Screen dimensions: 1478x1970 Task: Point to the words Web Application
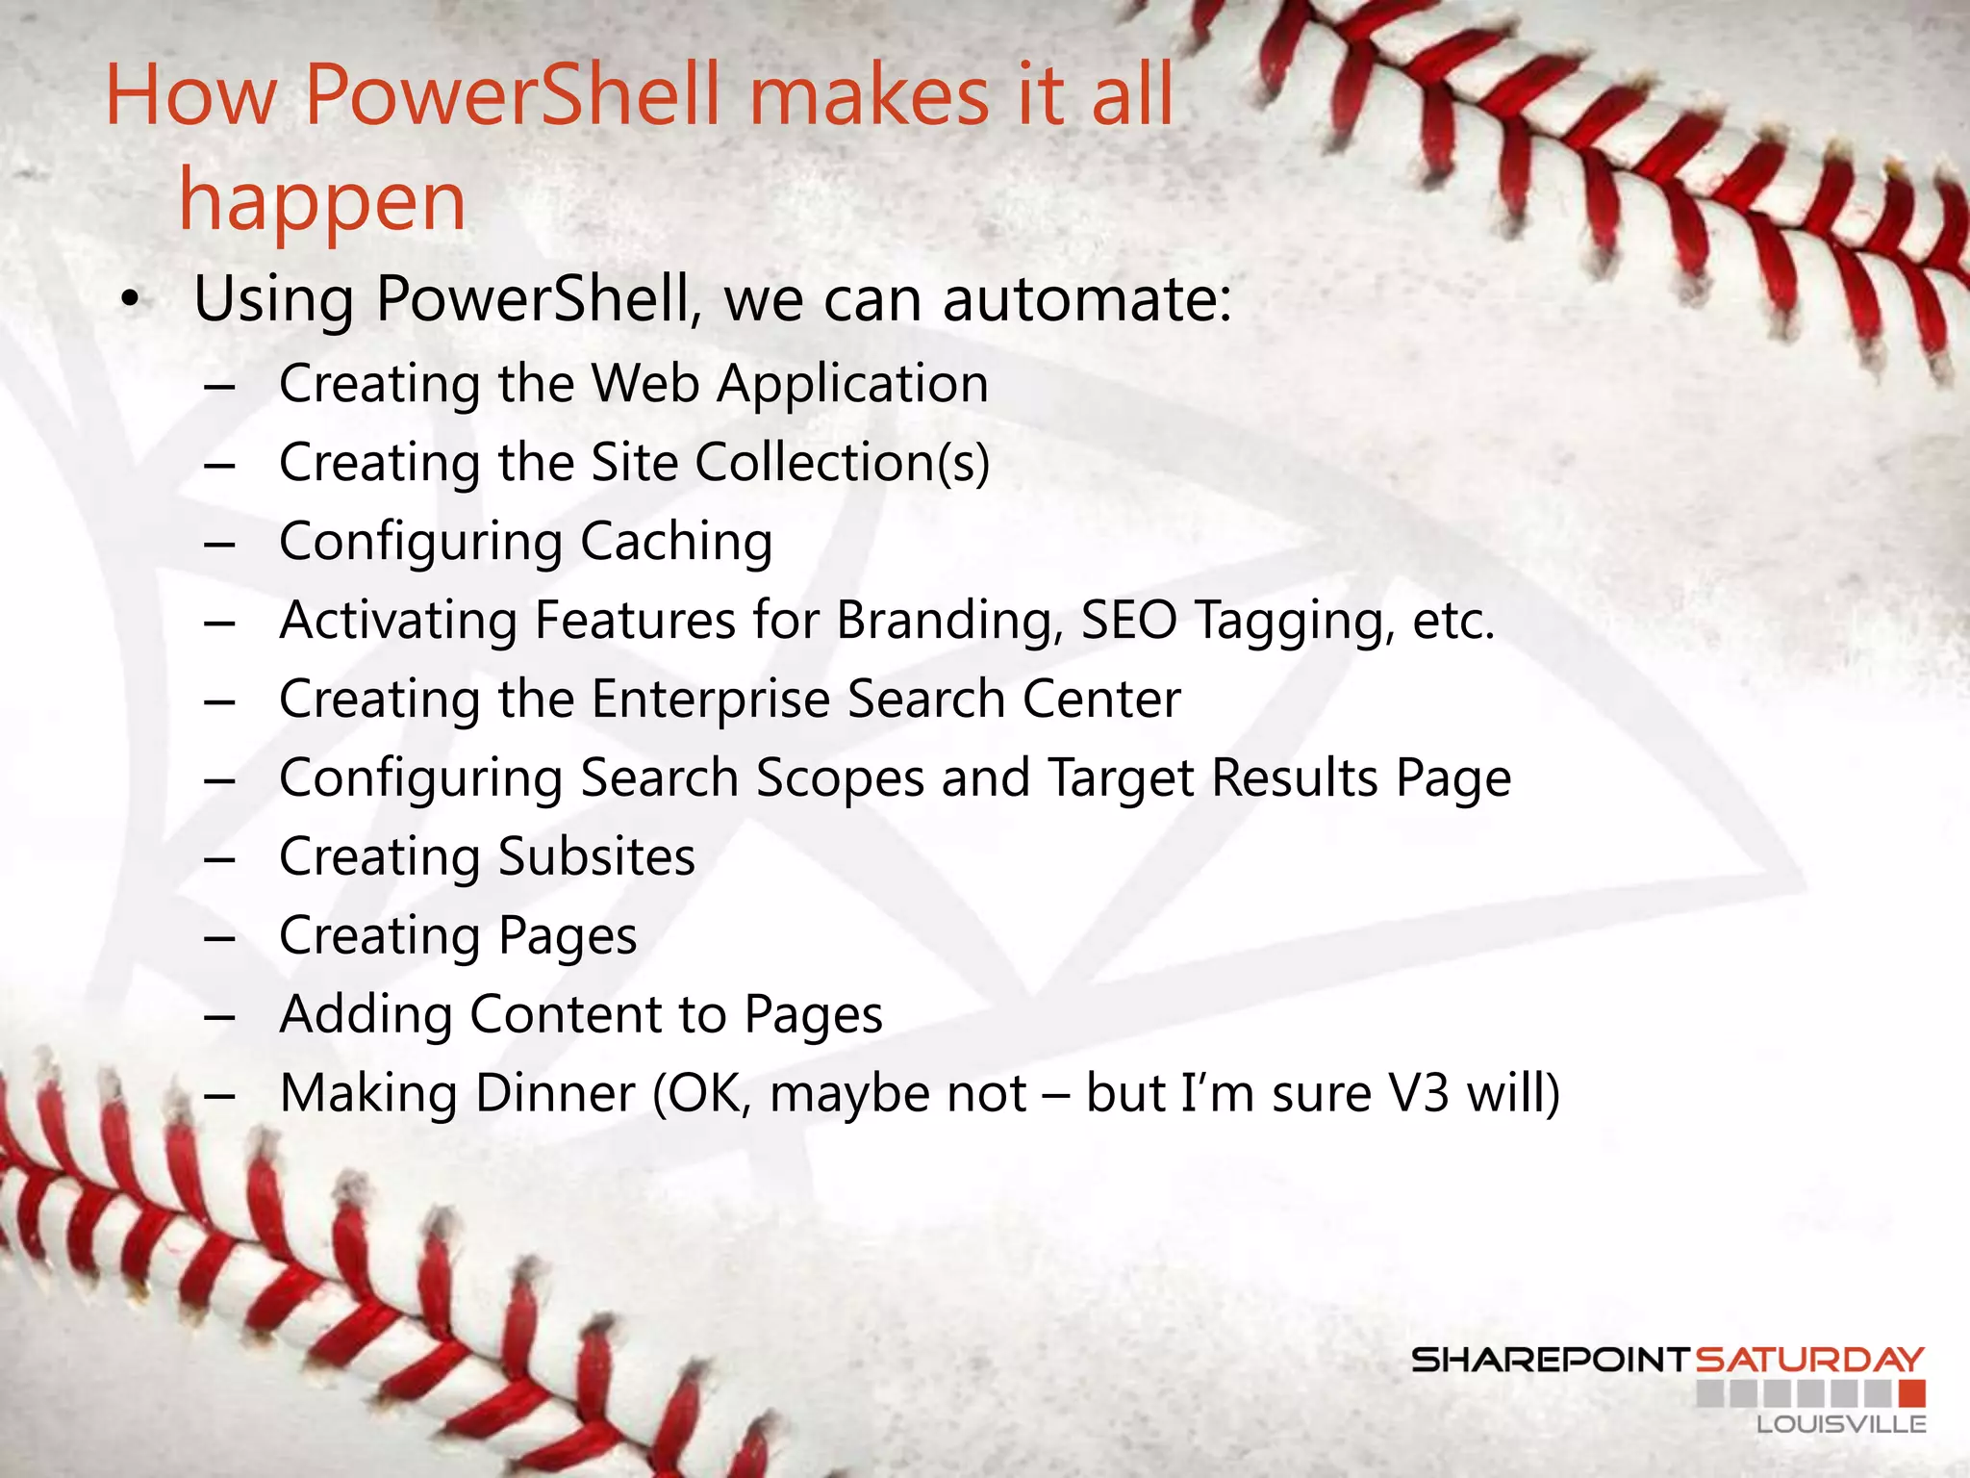(789, 383)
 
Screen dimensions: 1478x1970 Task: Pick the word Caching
(675, 541)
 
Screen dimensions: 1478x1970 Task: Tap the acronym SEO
(1128, 620)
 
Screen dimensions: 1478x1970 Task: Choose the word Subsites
(596, 856)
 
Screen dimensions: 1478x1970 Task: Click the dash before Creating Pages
(219, 936)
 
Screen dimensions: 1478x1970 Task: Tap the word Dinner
(555, 1093)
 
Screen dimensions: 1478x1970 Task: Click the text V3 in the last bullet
(1418, 1093)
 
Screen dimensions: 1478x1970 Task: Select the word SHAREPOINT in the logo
(1550, 1360)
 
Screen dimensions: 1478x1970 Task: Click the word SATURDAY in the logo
(1808, 1360)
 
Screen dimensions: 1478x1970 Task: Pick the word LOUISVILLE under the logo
(1840, 1424)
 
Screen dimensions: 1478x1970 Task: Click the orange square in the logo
(1912, 1392)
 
